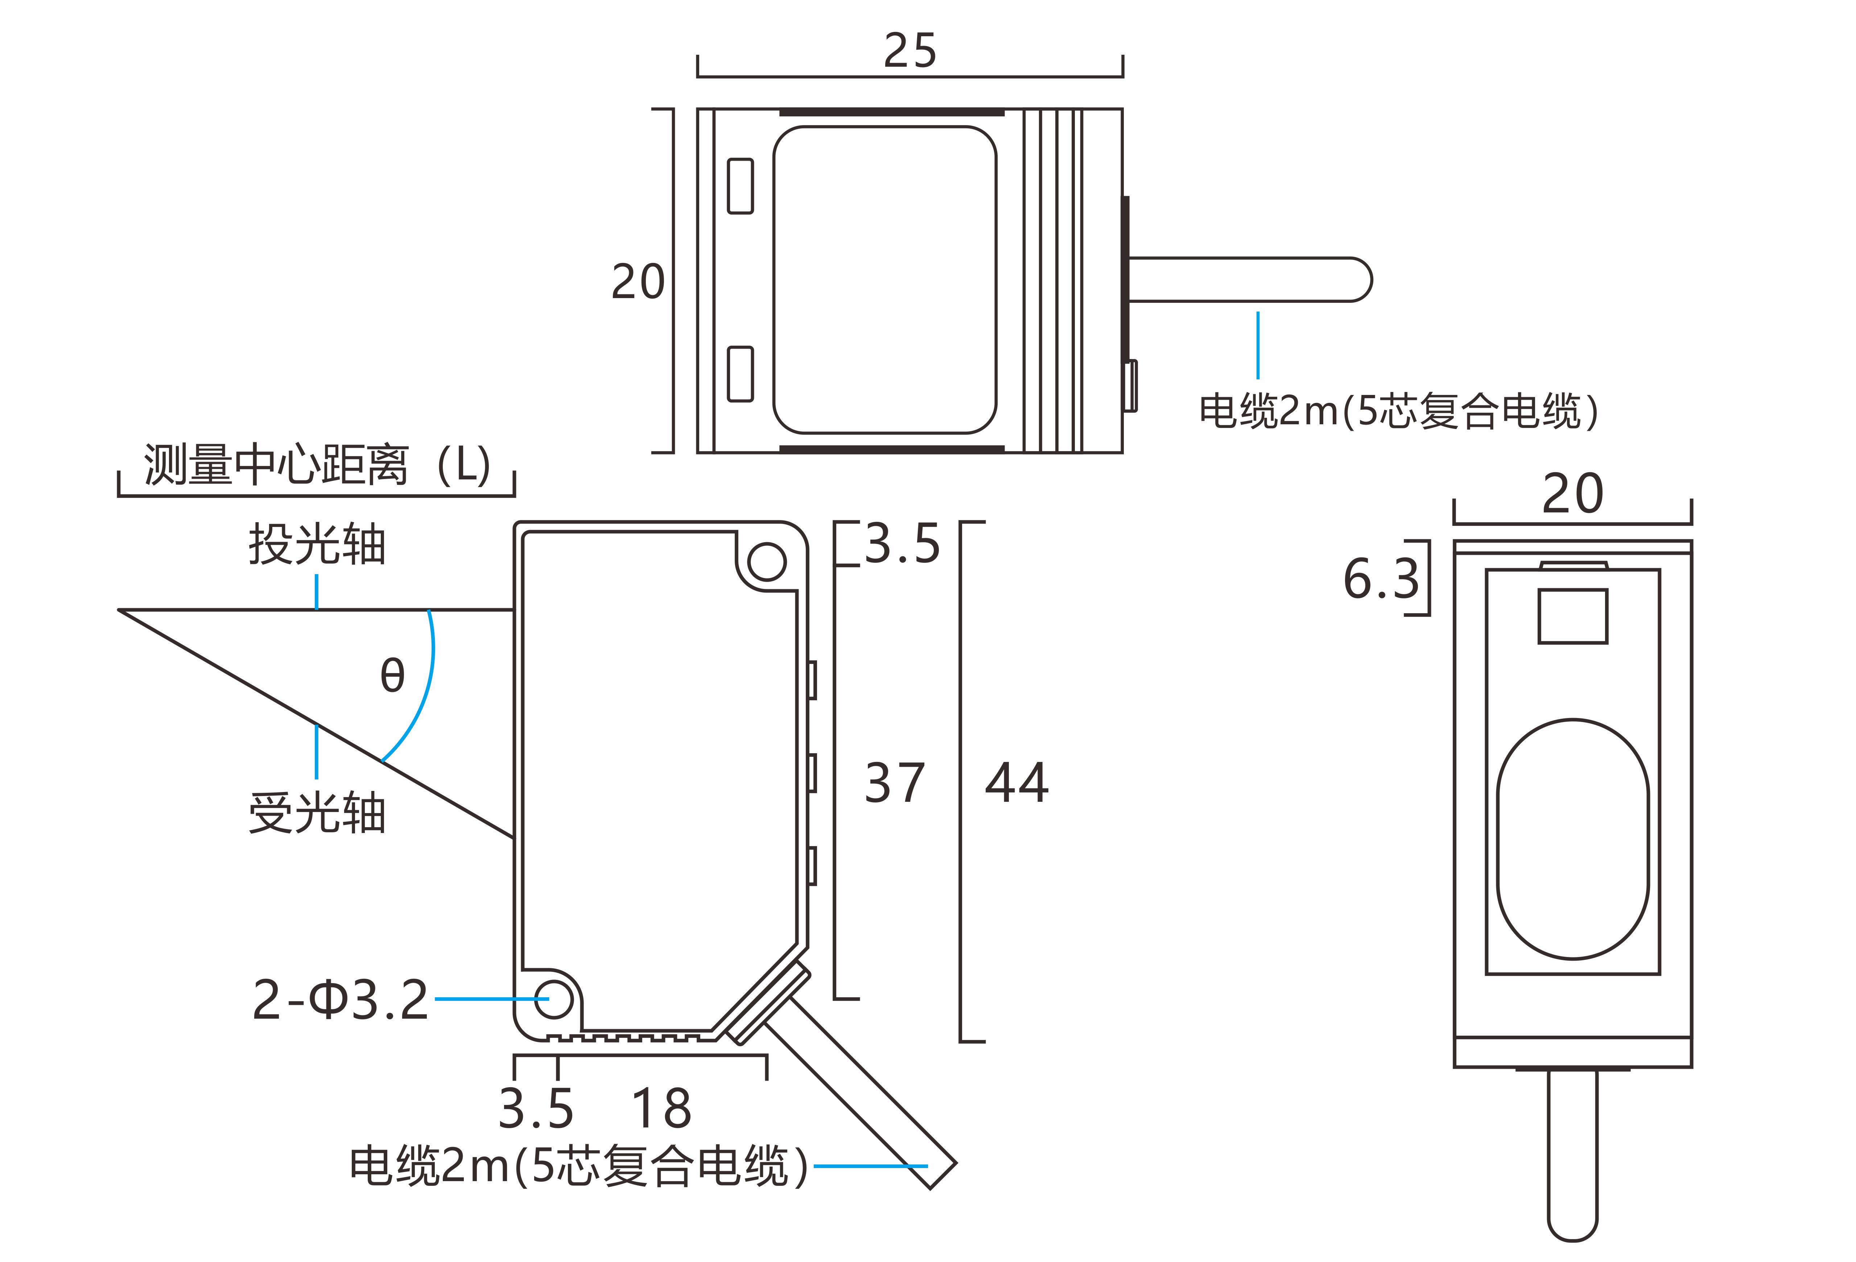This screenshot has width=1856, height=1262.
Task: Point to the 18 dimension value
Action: [x=661, y=1109]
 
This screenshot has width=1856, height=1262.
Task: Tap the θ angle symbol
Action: [x=392, y=675]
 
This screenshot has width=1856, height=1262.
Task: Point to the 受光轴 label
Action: [x=317, y=814]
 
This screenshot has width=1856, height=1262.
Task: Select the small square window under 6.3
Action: [x=1572, y=616]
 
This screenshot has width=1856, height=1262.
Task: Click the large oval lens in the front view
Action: [x=1572, y=839]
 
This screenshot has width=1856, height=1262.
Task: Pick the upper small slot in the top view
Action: [x=740, y=186]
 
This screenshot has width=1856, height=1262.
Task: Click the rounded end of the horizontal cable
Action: [x=1358, y=280]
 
